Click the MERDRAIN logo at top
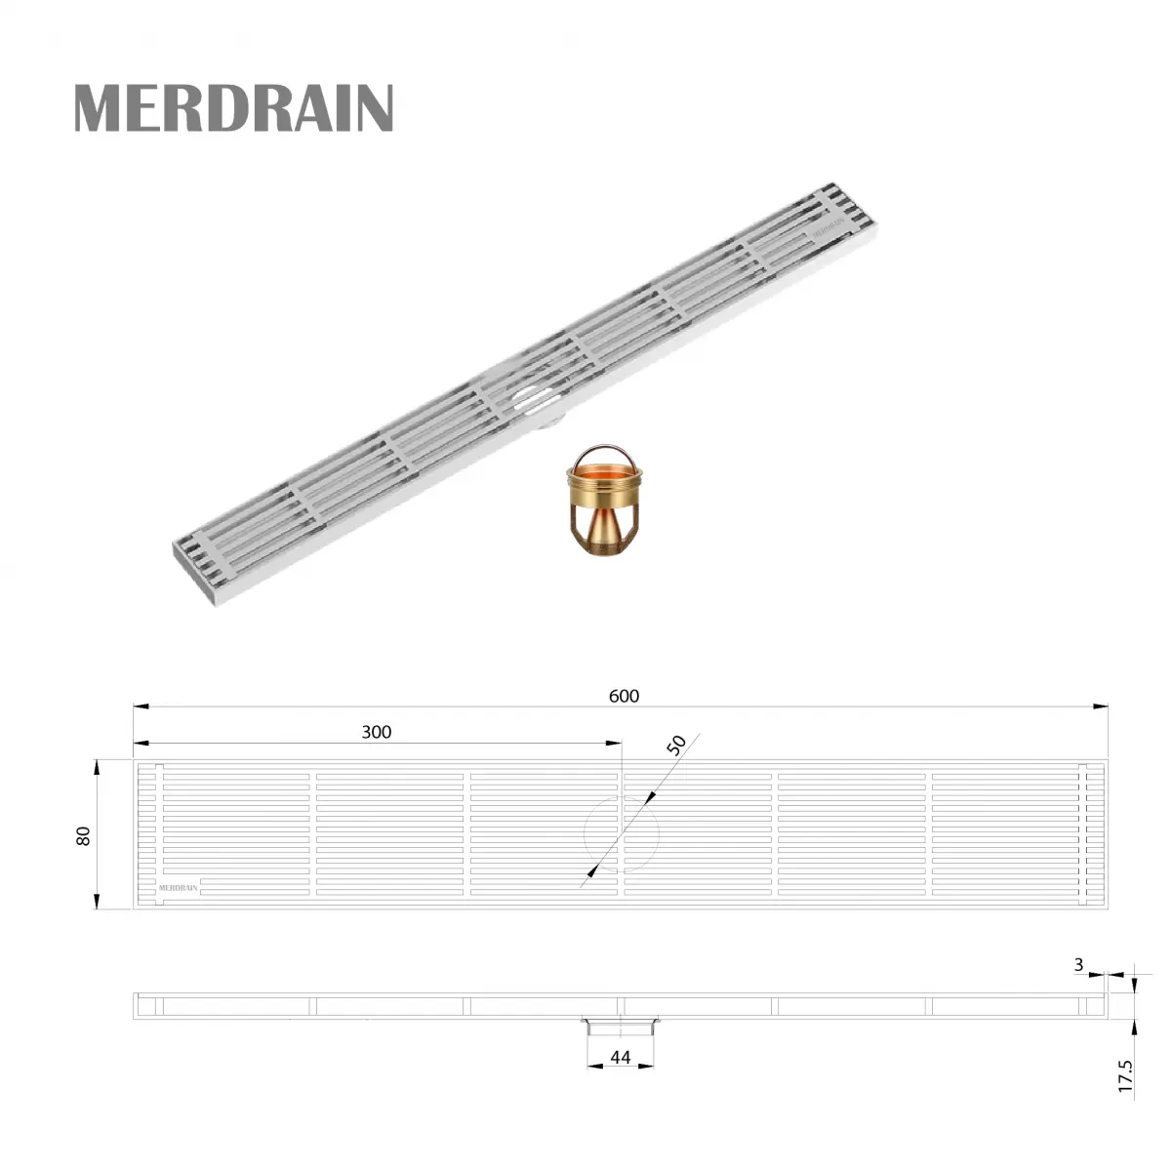pyautogui.click(x=233, y=107)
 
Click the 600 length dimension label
pyautogui.click(x=624, y=696)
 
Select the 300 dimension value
pyautogui.click(x=376, y=732)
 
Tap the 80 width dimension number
pyautogui.click(x=83, y=835)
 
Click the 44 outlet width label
pyautogui.click(x=621, y=1058)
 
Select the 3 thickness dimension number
pyautogui.click(x=1078, y=965)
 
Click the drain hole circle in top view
pyautogui.click(x=622, y=835)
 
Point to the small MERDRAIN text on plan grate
pyautogui.click(x=179, y=888)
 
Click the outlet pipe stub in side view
pyautogui.click(x=622, y=1026)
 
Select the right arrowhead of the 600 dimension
pyautogui.click(x=1102, y=706)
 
